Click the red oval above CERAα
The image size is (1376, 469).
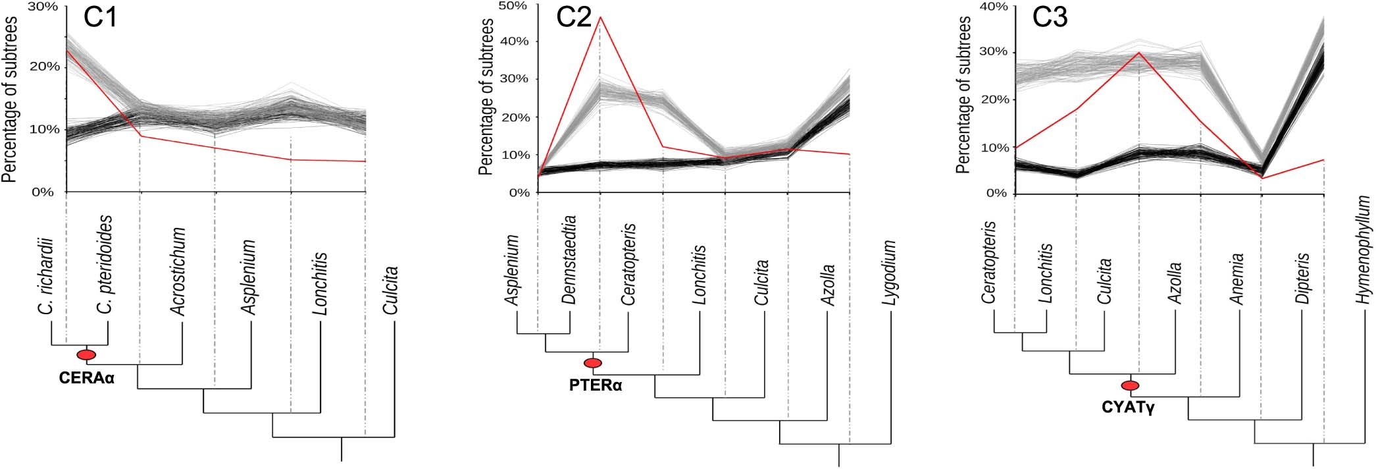coord(86,355)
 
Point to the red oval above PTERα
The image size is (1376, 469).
coord(593,363)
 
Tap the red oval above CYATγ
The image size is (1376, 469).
coord(1130,386)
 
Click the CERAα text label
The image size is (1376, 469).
coord(87,379)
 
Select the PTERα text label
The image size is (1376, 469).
coord(596,385)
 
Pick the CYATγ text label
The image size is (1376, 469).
coord(1128,408)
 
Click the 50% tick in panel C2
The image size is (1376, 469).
coord(514,6)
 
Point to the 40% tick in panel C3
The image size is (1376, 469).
coord(994,7)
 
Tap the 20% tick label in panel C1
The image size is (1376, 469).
coord(44,67)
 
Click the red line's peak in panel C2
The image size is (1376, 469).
coord(600,18)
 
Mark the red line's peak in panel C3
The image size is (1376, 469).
coord(1138,53)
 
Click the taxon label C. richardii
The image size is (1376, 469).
coord(45,276)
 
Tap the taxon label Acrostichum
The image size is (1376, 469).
coord(178,271)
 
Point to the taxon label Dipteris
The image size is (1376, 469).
coord(1301,279)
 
